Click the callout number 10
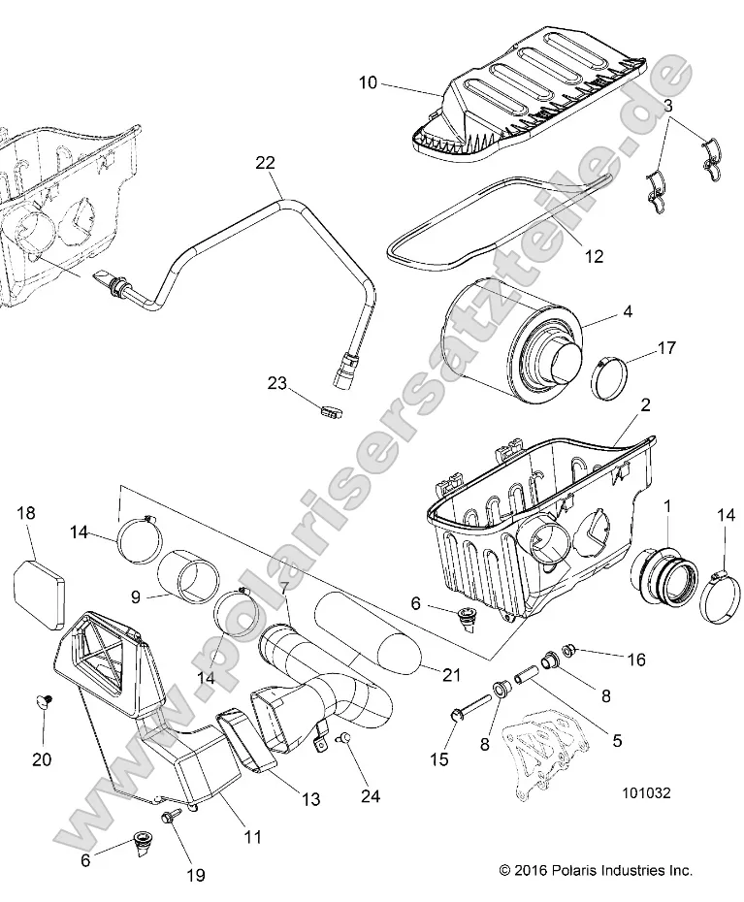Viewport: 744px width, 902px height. tap(368, 84)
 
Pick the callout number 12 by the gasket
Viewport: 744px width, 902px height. tap(595, 256)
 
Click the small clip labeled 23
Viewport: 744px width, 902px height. tap(304, 412)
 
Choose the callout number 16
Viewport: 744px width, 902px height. tap(635, 659)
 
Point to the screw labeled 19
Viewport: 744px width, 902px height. tap(171, 820)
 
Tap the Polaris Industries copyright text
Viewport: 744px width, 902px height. tap(596, 870)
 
